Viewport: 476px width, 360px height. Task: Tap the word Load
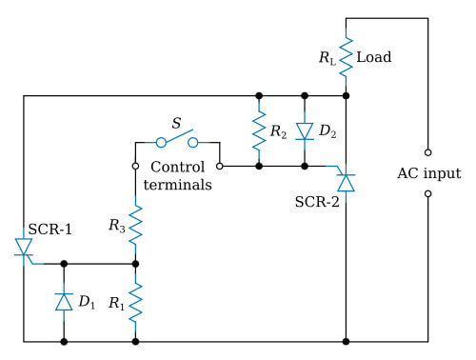373,58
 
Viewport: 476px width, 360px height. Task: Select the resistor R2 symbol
258,130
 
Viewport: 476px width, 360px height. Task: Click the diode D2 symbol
304,130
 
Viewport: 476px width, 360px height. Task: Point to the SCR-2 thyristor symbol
346,179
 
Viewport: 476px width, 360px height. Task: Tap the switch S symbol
178,141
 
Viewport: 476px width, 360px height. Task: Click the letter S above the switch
176,122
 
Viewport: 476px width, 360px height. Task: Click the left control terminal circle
135,165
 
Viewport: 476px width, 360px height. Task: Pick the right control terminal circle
220,165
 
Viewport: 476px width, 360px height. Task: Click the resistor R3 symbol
135,227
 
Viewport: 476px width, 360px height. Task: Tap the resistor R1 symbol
135,303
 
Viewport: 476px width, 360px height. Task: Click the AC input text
428,173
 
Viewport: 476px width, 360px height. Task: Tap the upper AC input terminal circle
428,151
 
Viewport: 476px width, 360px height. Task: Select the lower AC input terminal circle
428,194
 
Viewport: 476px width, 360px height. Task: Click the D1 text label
87,303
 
